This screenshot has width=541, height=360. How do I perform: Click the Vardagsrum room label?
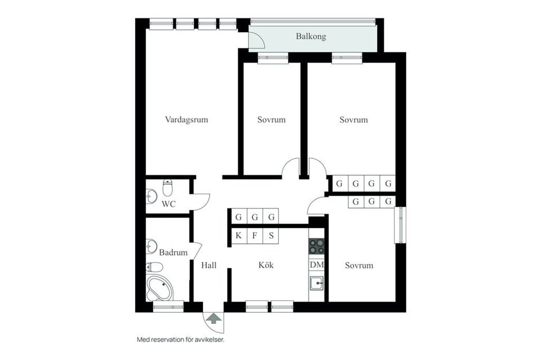tap(187, 119)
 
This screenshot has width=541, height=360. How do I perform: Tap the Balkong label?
tap(311, 37)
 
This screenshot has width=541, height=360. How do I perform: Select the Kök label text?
tap(266, 265)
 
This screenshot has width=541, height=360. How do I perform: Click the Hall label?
tap(209, 265)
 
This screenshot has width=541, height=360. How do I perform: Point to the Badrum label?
tap(173, 252)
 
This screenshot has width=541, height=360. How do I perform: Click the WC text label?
tap(168, 204)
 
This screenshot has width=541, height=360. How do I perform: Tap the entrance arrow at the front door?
tap(214, 319)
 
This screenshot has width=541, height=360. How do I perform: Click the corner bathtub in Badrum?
tap(160, 288)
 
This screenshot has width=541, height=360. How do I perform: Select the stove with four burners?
tap(317, 247)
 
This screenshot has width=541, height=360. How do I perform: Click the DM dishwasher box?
tap(317, 265)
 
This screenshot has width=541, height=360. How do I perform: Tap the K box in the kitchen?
tap(238, 235)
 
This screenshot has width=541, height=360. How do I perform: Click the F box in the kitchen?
tap(255, 235)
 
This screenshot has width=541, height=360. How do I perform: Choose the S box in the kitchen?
tap(271, 235)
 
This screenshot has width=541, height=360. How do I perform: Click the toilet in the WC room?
tap(168, 187)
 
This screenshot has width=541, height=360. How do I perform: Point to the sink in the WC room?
tap(152, 196)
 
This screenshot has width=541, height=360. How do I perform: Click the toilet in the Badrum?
tap(153, 267)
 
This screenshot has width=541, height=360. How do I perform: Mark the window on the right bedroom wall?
tap(400, 225)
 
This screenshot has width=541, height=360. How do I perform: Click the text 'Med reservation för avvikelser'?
tap(184, 340)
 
